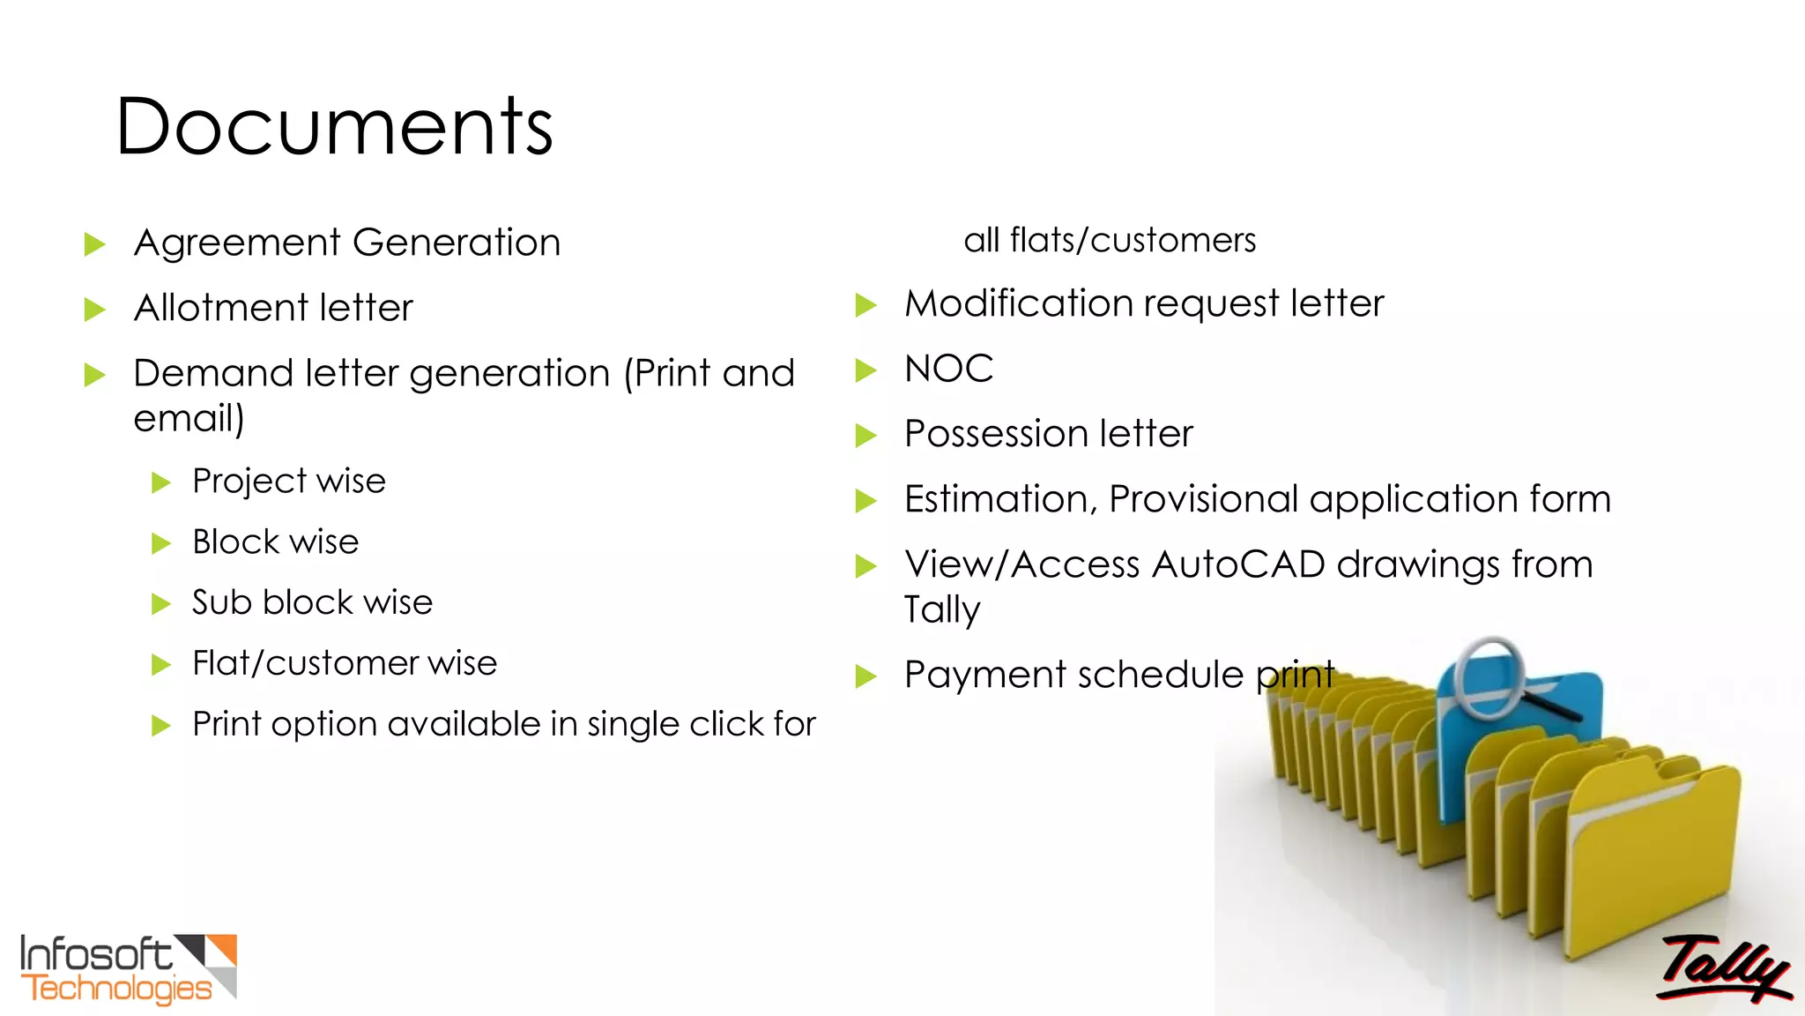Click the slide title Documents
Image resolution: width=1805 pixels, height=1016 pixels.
pos(334,127)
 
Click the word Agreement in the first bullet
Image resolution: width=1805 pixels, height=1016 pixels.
pos(237,243)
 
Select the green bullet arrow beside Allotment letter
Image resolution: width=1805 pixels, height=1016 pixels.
pos(94,310)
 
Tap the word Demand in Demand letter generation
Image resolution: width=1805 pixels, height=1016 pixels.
pos(213,373)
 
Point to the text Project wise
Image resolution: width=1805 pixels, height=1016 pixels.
pos(288,482)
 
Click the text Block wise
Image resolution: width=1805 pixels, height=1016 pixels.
pos(275,542)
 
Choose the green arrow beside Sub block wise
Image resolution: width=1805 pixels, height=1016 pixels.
pos(160,604)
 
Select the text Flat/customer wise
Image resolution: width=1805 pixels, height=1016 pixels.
pos(345,663)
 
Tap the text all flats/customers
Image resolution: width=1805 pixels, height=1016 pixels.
pos(1110,240)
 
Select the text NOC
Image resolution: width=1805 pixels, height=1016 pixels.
pos(948,369)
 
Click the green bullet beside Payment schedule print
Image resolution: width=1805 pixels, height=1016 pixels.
pos(865,677)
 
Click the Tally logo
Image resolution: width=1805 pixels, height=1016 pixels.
pos(1723,970)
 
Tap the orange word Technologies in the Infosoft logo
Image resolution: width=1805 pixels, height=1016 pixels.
pos(117,990)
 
